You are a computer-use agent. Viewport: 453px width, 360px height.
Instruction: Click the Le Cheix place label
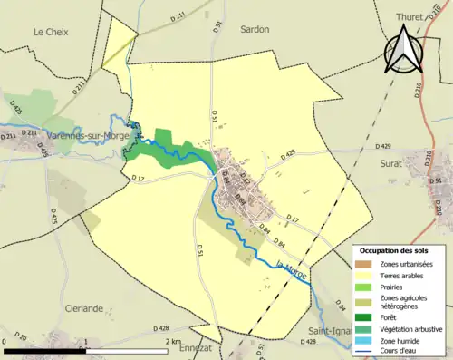(x=52, y=32)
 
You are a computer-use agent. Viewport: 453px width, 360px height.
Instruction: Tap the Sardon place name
(x=255, y=29)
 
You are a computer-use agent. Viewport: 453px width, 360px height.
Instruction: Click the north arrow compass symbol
(x=403, y=50)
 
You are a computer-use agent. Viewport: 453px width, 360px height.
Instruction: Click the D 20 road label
(x=21, y=337)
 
